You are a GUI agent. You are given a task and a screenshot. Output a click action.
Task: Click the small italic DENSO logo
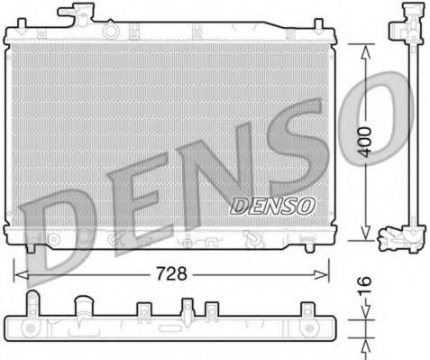tap(271, 204)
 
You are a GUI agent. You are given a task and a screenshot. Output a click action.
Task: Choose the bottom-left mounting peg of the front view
tap(32, 247)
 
